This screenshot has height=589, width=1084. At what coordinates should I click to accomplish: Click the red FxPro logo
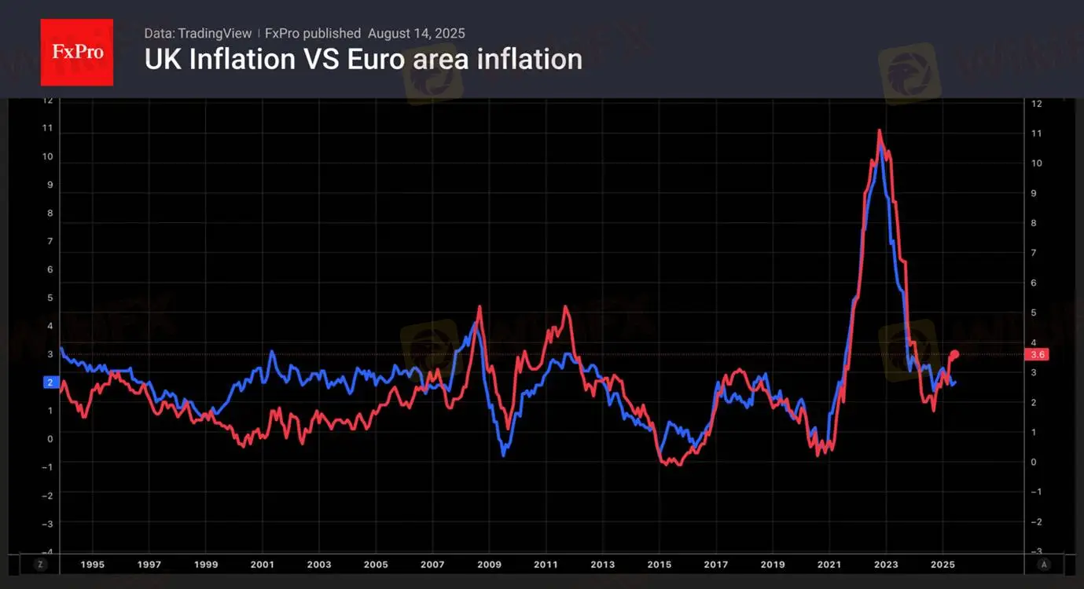click(76, 52)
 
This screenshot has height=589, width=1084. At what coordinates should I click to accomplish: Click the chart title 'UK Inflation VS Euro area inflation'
click(363, 60)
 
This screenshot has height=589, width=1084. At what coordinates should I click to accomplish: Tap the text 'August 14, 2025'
click(417, 33)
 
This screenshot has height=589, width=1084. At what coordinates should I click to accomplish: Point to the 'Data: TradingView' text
click(198, 33)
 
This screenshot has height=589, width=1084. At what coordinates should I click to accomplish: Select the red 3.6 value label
click(1036, 354)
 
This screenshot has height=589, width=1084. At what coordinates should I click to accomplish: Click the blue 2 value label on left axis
click(50, 382)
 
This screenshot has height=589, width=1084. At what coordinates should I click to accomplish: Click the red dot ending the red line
click(955, 354)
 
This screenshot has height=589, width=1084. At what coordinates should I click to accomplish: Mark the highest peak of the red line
click(879, 130)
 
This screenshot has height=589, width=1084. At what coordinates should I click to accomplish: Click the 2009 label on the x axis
click(489, 564)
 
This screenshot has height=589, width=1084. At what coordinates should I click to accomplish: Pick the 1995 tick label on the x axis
click(92, 564)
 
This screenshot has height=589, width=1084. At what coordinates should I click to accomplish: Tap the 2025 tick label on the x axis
click(943, 564)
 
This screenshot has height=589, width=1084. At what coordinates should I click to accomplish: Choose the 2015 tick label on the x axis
click(660, 564)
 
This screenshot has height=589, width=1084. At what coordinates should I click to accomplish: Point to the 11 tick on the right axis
click(1036, 134)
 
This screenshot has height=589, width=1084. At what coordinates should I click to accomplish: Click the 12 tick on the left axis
click(48, 100)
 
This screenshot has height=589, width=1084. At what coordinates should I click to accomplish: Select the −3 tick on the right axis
click(1036, 552)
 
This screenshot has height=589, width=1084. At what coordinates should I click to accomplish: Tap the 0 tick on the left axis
click(50, 439)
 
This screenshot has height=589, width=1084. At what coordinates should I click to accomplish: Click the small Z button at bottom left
click(41, 564)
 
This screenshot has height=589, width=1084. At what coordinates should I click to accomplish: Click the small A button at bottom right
click(1044, 564)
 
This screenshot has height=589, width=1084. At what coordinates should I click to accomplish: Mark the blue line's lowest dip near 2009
click(504, 455)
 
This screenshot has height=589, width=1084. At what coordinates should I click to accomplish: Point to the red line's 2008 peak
click(480, 307)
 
